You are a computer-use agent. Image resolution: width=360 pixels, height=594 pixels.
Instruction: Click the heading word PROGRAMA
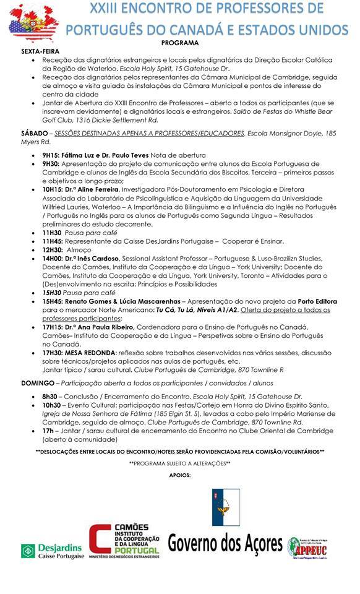pos(180,43)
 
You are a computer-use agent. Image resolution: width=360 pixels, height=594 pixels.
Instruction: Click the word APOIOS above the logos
pos(180,475)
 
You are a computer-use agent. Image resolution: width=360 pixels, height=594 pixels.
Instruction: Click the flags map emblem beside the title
pos(33,24)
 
